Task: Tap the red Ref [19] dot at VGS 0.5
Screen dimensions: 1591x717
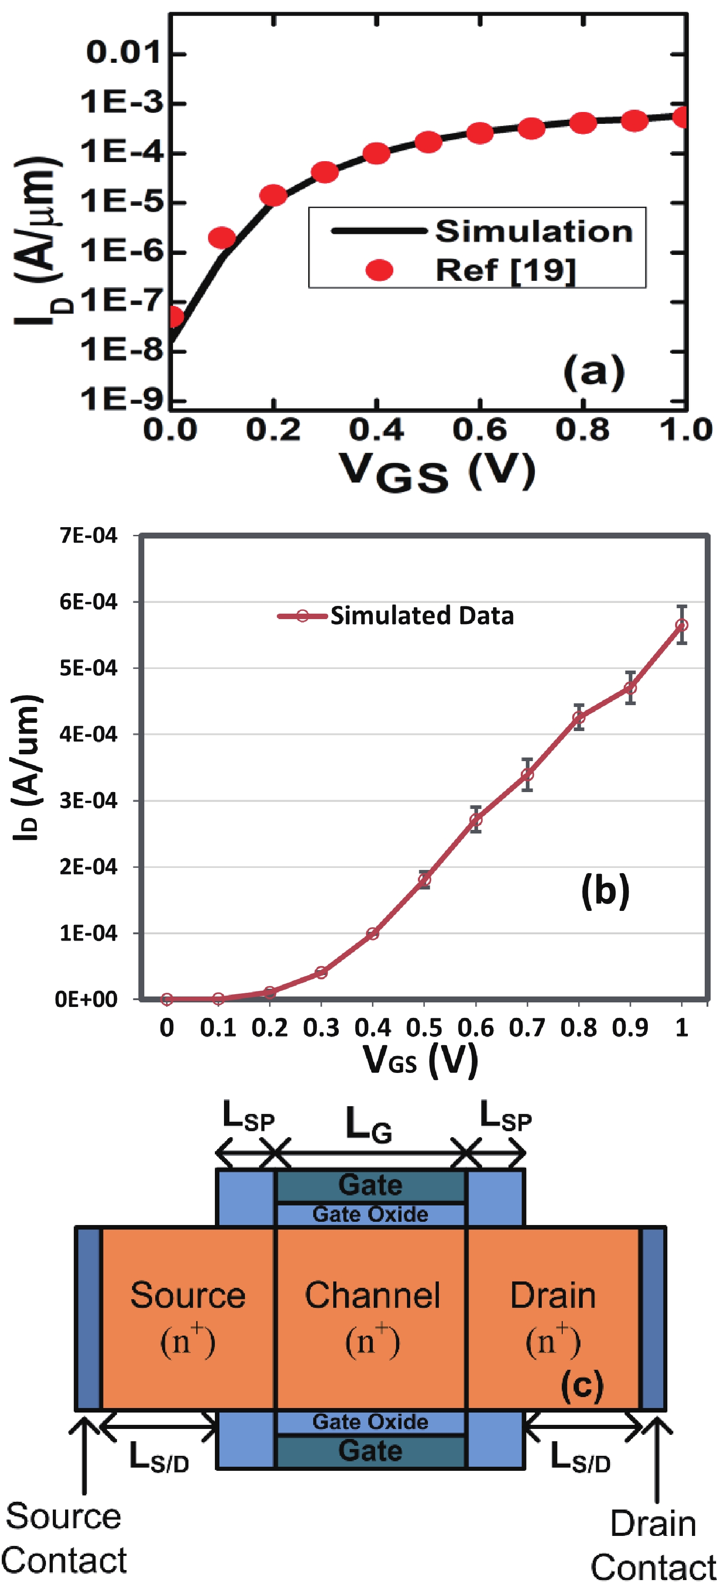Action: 428,142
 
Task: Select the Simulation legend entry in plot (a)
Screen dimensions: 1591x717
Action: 534,231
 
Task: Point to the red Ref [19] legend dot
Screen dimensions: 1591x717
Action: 379,270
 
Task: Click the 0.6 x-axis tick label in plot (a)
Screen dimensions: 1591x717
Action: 479,429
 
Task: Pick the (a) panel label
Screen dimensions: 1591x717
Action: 594,372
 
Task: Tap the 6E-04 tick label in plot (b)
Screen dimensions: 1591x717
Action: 88,601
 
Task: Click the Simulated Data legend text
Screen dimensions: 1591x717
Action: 422,616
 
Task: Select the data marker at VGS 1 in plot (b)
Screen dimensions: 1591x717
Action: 681,625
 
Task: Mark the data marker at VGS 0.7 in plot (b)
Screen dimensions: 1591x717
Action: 527,774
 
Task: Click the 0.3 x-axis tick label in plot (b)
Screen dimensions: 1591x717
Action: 321,1027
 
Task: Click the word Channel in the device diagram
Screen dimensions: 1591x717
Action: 372,1295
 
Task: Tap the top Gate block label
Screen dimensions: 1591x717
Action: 370,1184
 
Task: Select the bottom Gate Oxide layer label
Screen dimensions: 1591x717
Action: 370,1421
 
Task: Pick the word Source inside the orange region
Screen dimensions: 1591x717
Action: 188,1295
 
